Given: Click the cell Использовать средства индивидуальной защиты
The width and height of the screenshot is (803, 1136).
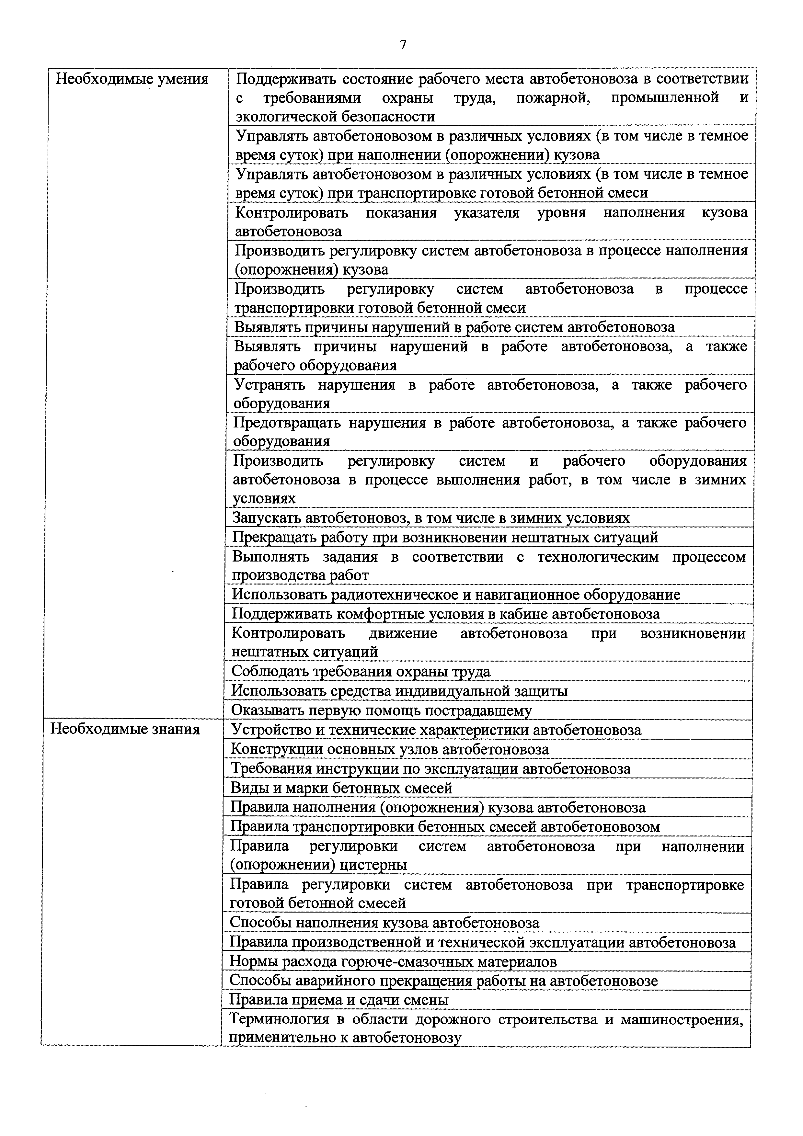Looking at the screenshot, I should pyautogui.click(x=399, y=691).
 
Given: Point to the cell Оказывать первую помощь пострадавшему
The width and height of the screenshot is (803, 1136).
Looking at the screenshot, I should pyautogui.click(x=382, y=710).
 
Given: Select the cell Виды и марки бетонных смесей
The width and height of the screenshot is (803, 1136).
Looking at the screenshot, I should pyautogui.click(x=341, y=787).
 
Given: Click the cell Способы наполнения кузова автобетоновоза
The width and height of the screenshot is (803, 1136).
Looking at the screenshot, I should pyautogui.click(x=384, y=923).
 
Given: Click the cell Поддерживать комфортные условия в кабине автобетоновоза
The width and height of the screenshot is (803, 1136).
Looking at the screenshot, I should pyautogui.click(x=445, y=614).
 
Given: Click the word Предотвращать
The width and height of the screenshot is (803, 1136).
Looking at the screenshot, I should pyautogui.click(x=286, y=423).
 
